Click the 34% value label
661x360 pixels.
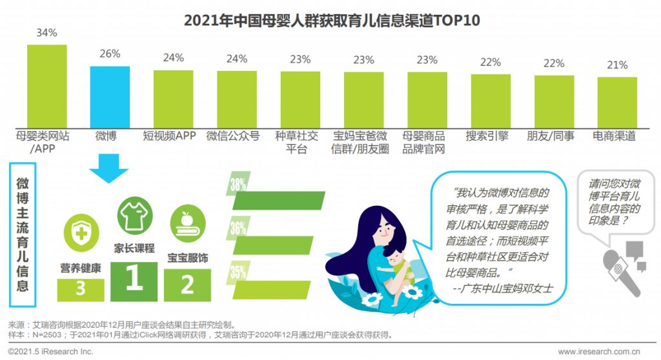46,32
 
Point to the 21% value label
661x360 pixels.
617,65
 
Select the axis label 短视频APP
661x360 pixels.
169,136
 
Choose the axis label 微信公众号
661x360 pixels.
232,136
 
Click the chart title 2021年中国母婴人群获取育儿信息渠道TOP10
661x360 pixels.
332,19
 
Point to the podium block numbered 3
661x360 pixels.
81,288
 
